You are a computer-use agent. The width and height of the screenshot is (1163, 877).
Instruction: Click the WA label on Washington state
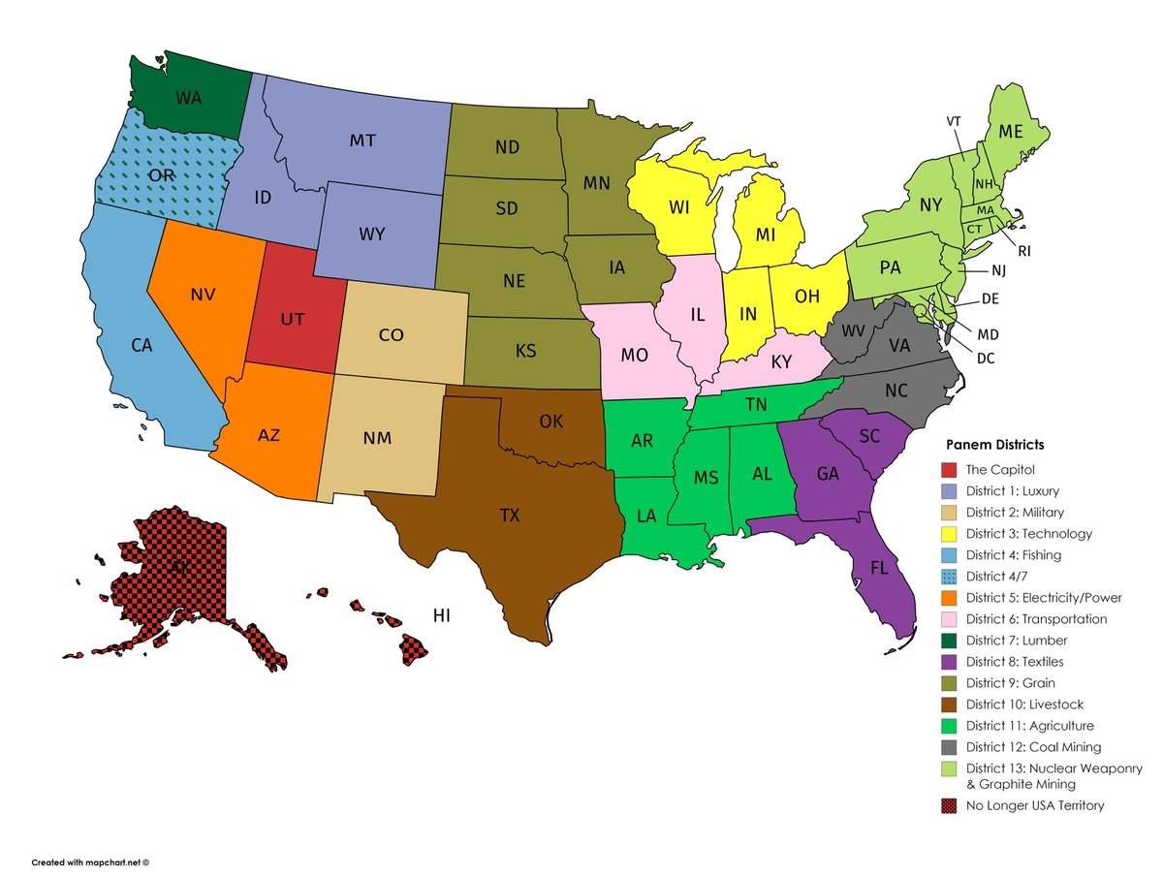pyautogui.click(x=188, y=98)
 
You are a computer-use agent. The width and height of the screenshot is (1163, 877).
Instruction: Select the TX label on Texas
pyautogui.click(x=510, y=516)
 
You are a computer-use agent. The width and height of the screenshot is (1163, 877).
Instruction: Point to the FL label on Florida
pyautogui.click(x=879, y=568)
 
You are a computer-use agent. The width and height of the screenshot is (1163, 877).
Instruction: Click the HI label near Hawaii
pyautogui.click(x=442, y=615)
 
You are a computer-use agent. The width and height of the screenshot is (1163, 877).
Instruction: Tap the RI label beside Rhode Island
pyautogui.click(x=1024, y=251)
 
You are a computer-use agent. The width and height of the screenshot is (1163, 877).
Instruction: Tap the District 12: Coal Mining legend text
pyautogui.click(x=1033, y=747)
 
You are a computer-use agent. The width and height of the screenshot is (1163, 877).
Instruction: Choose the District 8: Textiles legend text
pyautogui.click(x=1014, y=662)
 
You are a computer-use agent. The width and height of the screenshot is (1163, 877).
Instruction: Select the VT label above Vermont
pyautogui.click(x=954, y=121)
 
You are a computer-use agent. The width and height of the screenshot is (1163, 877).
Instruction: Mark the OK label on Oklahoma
pyautogui.click(x=550, y=423)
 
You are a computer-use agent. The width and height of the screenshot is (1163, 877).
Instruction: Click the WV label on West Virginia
pyautogui.click(x=853, y=332)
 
